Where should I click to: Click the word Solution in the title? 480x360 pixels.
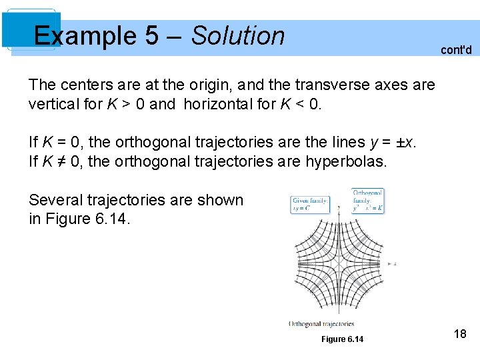(x=238, y=36)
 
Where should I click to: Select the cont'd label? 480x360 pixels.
(x=456, y=50)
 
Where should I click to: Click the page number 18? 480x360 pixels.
(x=459, y=334)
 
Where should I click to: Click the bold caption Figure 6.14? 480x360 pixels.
(x=342, y=339)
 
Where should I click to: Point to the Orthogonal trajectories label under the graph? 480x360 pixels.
(x=321, y=324)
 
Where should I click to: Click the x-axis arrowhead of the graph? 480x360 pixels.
(x=388, y=264)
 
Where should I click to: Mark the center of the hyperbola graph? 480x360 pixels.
(x=340, y=264)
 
